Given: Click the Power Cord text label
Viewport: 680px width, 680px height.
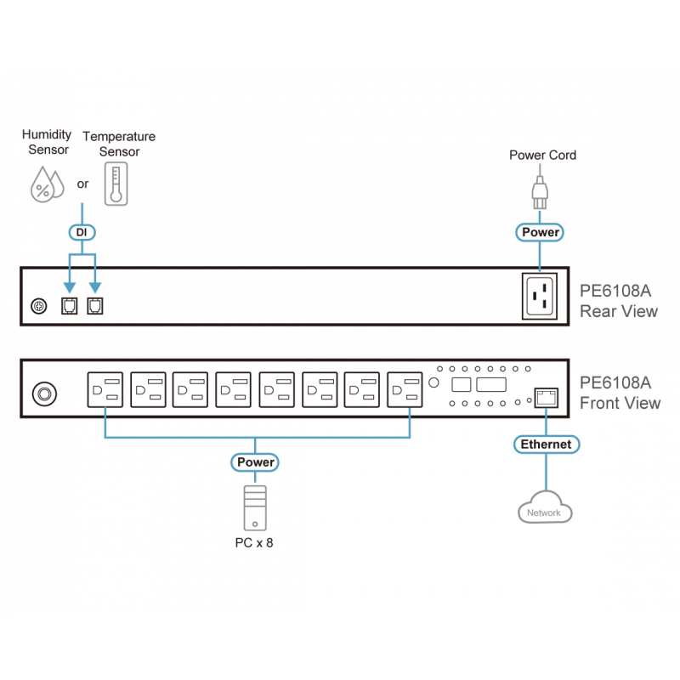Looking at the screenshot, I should [x=542, y=156].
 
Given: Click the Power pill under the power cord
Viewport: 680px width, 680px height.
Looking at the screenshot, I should [x=541, y=231].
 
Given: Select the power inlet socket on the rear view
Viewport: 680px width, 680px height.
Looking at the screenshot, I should [x=541, y=296].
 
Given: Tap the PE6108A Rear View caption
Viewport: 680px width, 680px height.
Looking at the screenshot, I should [x=618, y=300].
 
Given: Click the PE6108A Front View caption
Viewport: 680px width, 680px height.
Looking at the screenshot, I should [x=620, y=393].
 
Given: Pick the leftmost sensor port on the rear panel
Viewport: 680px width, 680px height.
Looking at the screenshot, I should [x=67, y=305].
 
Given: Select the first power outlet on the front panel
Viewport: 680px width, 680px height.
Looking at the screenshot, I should [x=105, y=392].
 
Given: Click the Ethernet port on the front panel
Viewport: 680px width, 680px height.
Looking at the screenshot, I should [x=543, y=395].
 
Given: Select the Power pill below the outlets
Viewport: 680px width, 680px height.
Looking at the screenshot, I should [x=255, y=462].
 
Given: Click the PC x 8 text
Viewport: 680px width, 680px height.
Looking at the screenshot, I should [x=254, y=541].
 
